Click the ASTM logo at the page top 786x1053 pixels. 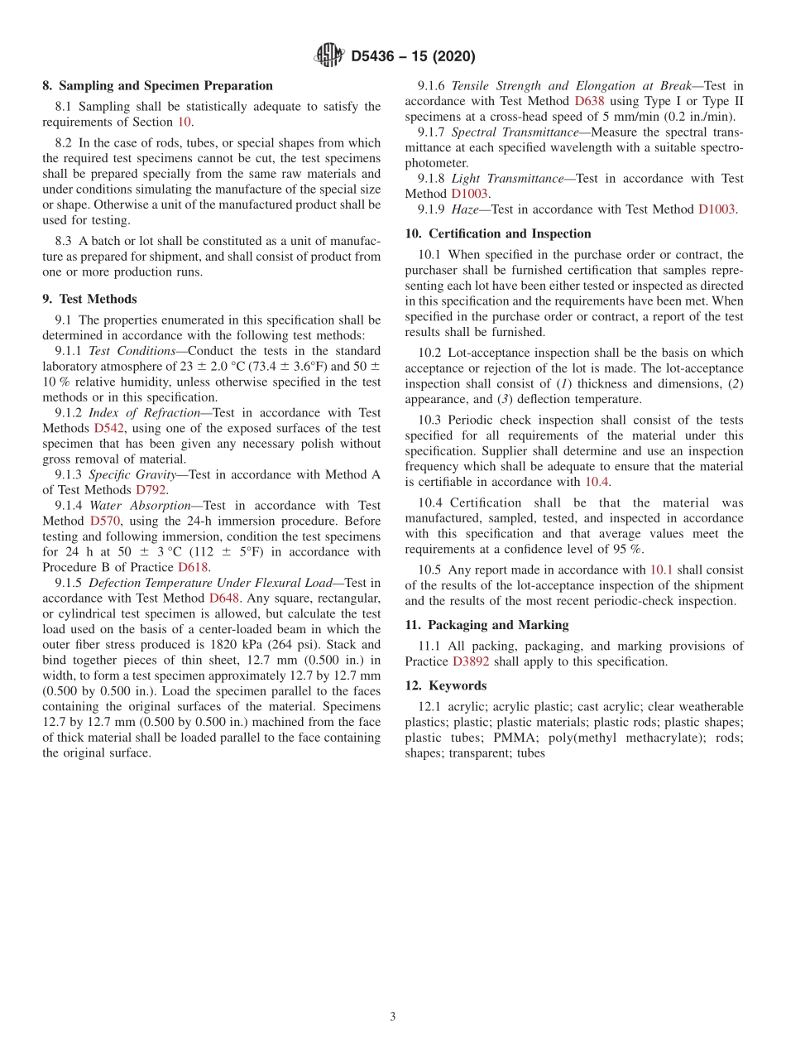(329, 56)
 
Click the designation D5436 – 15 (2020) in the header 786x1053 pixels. (413, 57)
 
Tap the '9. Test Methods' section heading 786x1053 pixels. (89, 299)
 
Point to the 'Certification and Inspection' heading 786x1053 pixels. (510, 233)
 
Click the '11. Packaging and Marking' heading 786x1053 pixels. (486, 625)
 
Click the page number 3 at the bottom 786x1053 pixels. (393, 1017)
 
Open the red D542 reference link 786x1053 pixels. (108, 428)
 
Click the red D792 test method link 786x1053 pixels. (151, 490)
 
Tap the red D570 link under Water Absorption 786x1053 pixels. (105, 521)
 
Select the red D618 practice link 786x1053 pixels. (194, 567)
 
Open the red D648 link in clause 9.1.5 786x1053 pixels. (223, 598)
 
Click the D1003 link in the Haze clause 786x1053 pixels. (717, 209)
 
